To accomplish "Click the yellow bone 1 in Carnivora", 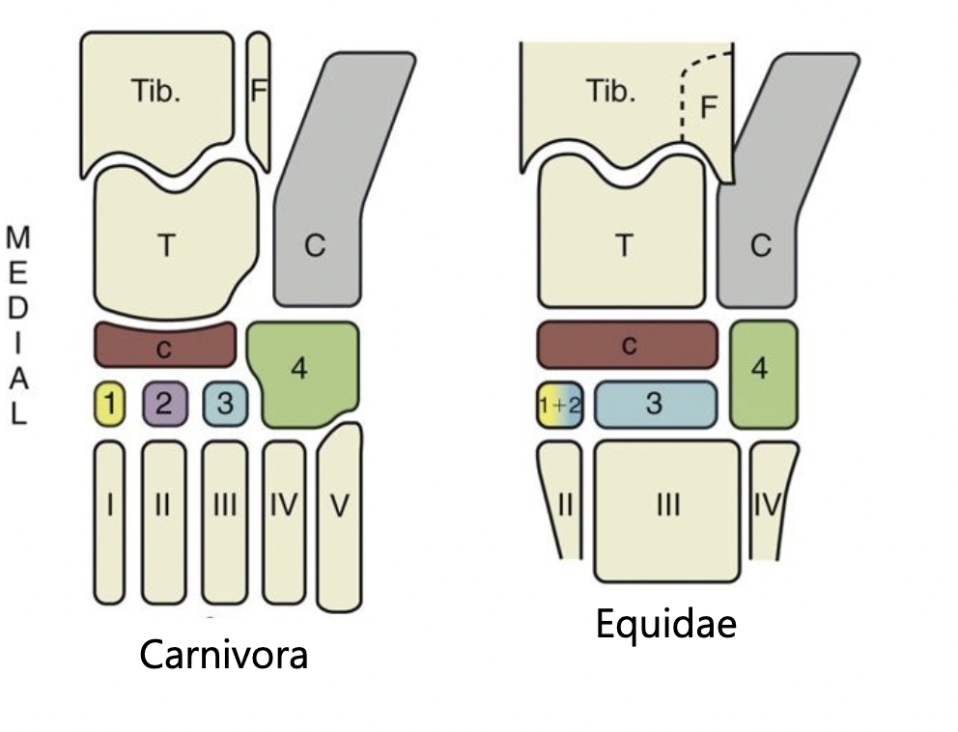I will pyautogui.click(x=110, y=404).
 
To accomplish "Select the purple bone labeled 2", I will pyautogui.click(x=163, y=404).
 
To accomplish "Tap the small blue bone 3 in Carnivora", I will pyautogui.click(x=225, y=404).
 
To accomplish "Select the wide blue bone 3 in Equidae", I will pyautogui.click(x=655, y=404).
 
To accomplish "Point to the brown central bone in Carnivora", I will pyautogui.click(x=164, y=346).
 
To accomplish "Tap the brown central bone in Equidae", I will pyautogui.click(x=628, y=345).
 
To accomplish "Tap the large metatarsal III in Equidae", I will pyautogui.click(x=666, y=507).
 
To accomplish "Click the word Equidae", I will pyautogui.click(x=665, y=625).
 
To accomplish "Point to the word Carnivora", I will pyautogui.click(x=224, y=656).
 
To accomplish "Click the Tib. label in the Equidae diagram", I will pyautogui.click(x=611, y=92).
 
